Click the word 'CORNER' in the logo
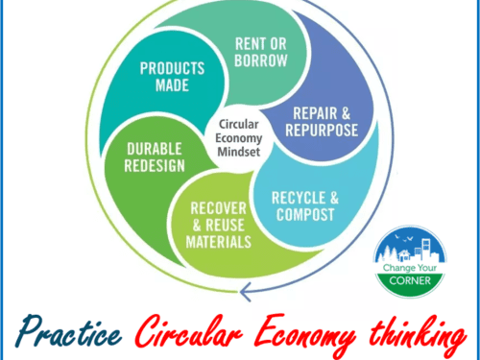pyautogui.click(x=408, y=287)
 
